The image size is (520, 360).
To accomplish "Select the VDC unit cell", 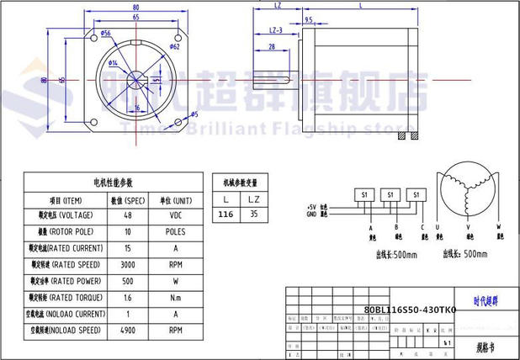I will click(x=175, y=215).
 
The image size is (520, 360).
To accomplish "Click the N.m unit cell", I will click(x=175, y=298).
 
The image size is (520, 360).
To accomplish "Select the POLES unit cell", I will click(x=175, y=232).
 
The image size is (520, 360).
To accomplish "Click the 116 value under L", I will click(x=226, y=215).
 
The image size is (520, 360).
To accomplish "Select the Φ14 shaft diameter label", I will click(x=113, y=63).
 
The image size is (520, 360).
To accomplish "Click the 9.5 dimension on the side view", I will click(x=309, y=19).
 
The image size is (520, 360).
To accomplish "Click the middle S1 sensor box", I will click(x=390, y=194).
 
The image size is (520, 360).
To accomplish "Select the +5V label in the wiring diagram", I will click(x=310, y=207).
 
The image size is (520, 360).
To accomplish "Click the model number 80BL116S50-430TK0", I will click(x=410, y=310).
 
